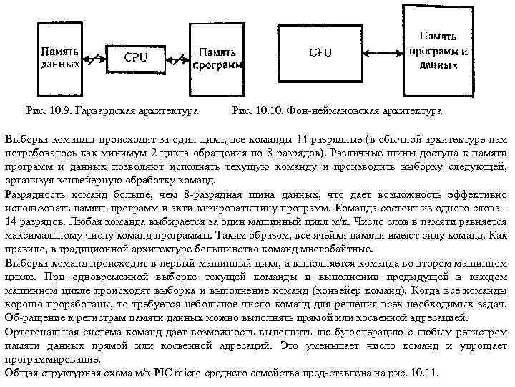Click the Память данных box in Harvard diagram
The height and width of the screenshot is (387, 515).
point(60,57)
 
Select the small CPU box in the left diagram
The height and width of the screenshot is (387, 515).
point(137,57)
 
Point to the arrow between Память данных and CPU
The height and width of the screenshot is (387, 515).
point(94,57)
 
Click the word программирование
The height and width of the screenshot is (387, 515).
point(46,359)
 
